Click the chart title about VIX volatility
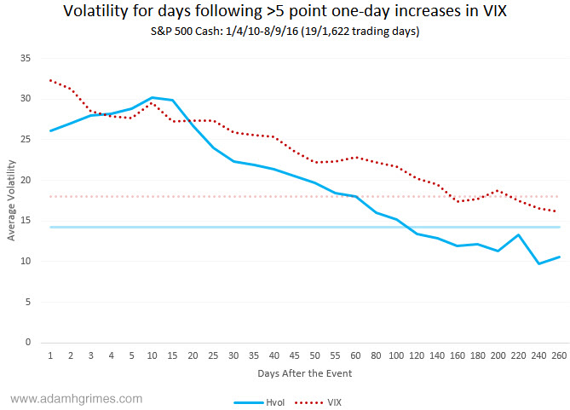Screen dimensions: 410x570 (285, 13)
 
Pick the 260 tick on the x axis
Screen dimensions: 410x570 (557, 355)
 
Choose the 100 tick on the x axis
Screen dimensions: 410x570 (395, 355)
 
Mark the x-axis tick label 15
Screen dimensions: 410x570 (173, 355)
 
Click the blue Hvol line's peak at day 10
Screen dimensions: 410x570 (152, 98)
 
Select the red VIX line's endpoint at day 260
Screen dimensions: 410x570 (557, 211)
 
